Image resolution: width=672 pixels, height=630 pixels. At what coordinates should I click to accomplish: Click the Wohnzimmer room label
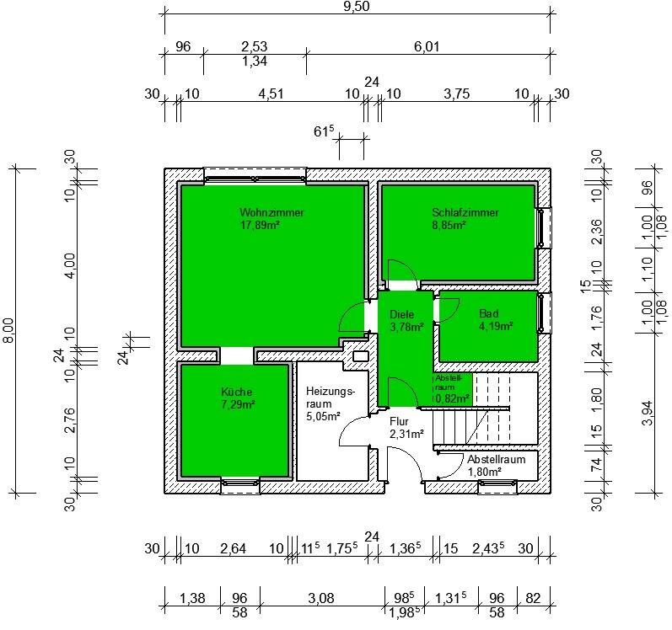click(271, 212)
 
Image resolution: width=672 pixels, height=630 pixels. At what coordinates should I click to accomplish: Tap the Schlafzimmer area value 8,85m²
click(449, 225)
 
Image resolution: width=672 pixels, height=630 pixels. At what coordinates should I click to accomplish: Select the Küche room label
click(237, 392)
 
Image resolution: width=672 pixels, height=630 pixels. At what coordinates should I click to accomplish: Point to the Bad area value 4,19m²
click(496, 326)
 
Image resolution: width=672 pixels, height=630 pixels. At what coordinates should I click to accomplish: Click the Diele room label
click(401, 314)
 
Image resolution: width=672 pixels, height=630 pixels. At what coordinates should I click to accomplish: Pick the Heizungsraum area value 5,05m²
click(324, 416)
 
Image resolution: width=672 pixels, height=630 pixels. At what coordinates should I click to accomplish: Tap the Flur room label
click(399, 422)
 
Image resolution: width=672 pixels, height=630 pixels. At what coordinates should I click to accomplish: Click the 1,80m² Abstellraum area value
click(484, 472)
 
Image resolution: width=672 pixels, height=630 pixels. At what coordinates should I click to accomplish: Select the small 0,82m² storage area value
click(453, 399)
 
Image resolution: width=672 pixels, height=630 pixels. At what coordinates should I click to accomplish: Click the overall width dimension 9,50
click(357, 7)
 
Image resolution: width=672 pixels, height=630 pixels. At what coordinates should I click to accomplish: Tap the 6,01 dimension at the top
click(427, 46)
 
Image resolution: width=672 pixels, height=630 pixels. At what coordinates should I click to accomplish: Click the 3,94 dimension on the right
click(648, 413)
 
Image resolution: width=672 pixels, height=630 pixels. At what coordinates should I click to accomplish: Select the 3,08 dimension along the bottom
click(321, 598)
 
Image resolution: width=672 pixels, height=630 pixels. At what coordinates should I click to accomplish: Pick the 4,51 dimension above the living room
click(271, 93)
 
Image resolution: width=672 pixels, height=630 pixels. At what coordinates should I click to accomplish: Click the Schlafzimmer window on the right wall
click(545, 227)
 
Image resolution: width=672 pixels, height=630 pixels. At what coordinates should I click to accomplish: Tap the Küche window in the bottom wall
click(240, 486)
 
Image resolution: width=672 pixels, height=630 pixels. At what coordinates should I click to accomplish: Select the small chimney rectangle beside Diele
click(360, 356)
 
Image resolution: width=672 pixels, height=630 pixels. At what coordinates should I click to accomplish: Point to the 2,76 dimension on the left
click(70, 421)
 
